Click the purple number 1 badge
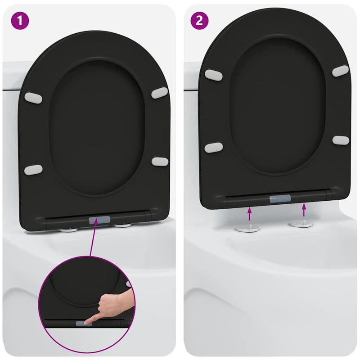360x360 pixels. pos(19,21)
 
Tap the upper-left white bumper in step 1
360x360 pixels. pos(33,98)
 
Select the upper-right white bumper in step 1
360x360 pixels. pos(159,93)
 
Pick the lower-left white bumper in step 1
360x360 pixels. pos(33,170)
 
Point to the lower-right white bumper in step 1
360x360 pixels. pos(159,161)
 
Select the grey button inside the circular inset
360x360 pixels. pos(82,323)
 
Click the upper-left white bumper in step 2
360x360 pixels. pos(213,75)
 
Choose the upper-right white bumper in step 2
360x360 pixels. pos(340,71)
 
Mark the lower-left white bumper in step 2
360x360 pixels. pos(213,147)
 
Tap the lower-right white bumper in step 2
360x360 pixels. pos(341,140)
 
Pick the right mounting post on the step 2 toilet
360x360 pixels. pos(301,223)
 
